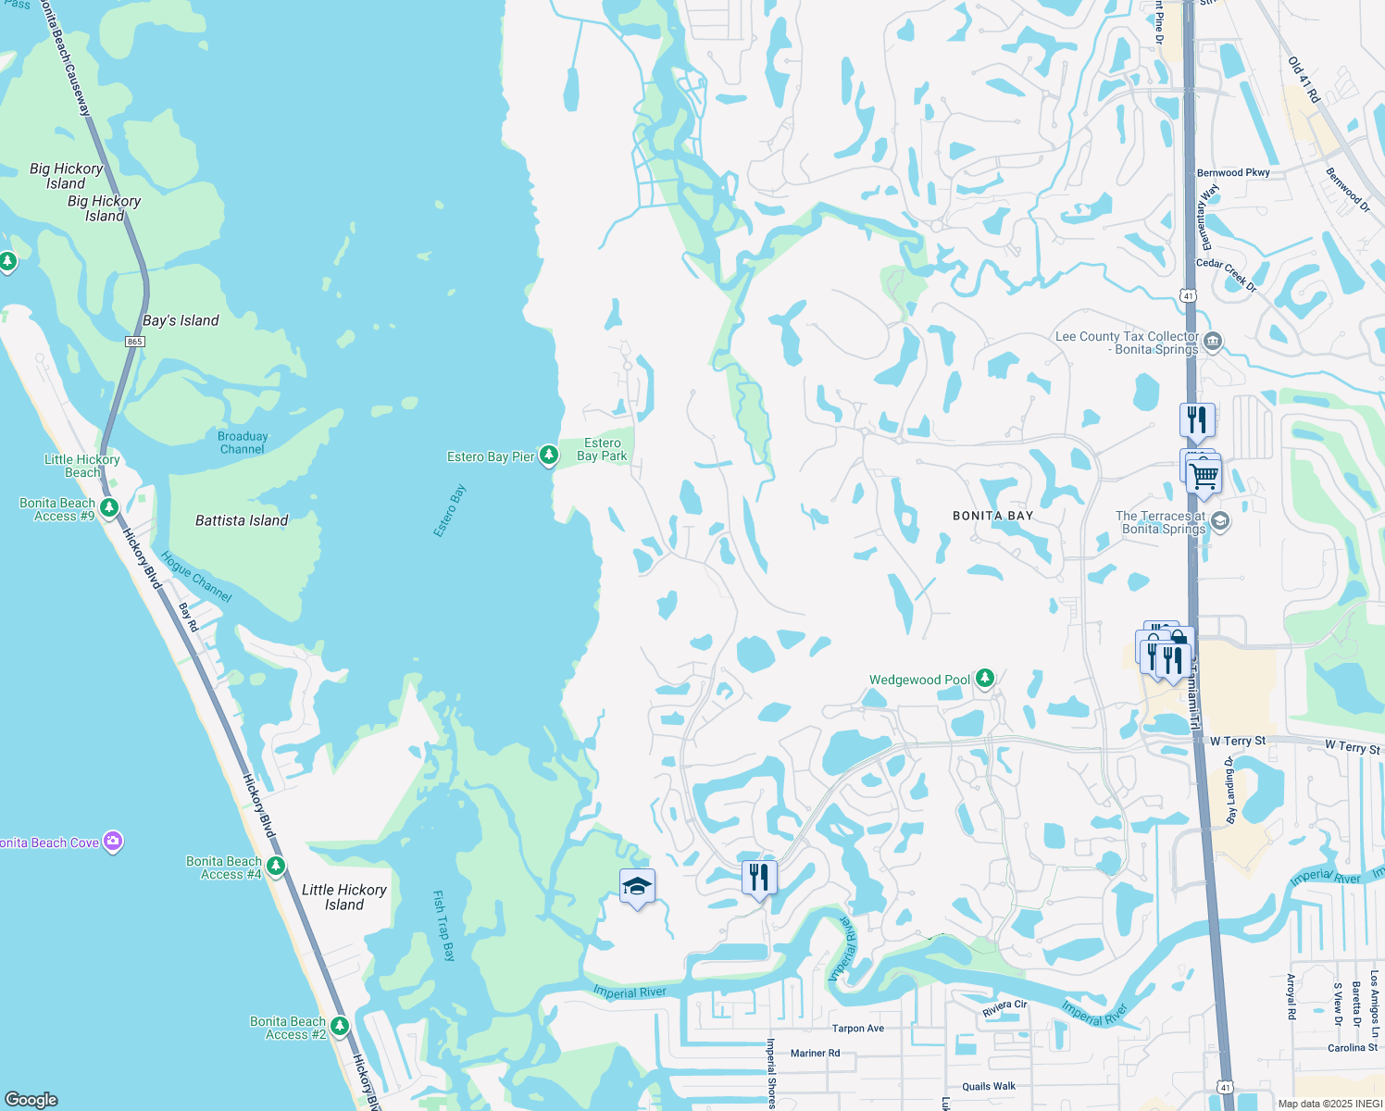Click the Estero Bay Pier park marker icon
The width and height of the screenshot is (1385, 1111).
tap(549, 455)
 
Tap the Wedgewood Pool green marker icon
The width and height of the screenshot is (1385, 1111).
tap(985, 679)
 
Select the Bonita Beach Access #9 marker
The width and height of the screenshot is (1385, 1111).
tap(109, 507)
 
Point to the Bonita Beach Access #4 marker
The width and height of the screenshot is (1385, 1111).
tap(276, 866)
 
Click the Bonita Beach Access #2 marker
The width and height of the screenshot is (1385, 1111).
tap(340, 1026)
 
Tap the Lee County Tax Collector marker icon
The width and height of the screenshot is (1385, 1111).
tap(1213, 342)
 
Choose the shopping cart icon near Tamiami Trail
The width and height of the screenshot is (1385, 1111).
tap(1204, 477)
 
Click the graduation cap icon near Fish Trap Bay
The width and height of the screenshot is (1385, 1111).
tap(637, 887)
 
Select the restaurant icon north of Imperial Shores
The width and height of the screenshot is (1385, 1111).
tap(759, 876)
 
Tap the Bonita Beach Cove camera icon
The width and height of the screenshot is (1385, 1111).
tap(113, 841)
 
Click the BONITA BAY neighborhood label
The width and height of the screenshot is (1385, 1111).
tap(992, 516)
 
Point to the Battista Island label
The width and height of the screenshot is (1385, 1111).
tap(242, 520)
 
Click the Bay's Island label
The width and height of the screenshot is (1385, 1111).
tap(181, 320)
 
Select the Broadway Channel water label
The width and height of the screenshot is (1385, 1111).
tap(243, 443)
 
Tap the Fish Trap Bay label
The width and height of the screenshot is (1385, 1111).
tap(444, 926)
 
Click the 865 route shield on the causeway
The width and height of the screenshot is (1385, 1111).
tap(135, 342)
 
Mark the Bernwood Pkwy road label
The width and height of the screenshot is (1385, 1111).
tap(1233, 173)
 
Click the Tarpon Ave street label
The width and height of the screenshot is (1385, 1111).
tap(857, 1029)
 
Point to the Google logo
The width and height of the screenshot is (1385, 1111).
tap(31, 1099)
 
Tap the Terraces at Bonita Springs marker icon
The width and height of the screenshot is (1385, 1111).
tap(1220, 520)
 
